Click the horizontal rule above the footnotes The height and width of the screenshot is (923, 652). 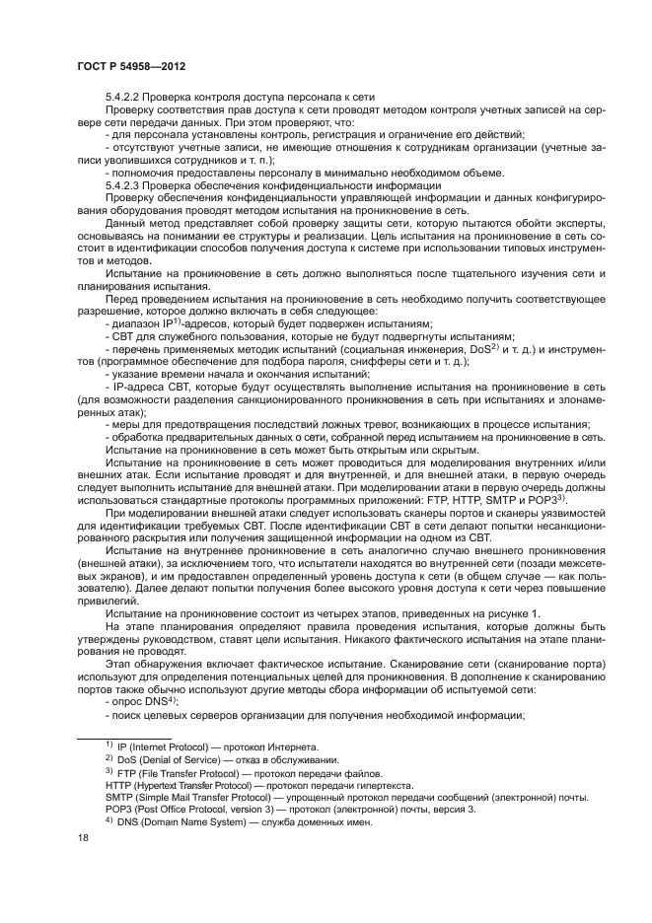[x=124, y=737]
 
